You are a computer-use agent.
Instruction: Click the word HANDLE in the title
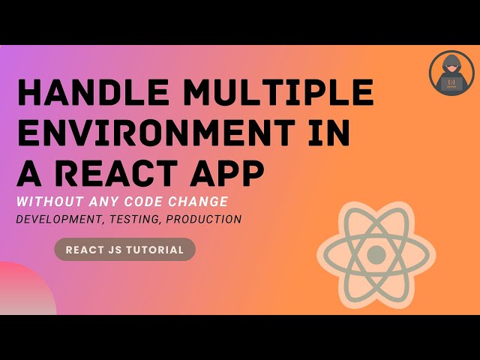(x=88, y=93)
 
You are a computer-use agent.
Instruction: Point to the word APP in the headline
(x=229, y=175)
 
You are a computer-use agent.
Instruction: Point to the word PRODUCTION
(x=205, y=220)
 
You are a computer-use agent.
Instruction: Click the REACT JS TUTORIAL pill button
(x=124, y=250)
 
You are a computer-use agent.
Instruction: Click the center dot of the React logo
(x=376, y=255)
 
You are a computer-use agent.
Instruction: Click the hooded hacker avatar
(x=451, y=73)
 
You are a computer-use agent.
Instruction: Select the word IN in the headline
(x=331, y=134)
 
